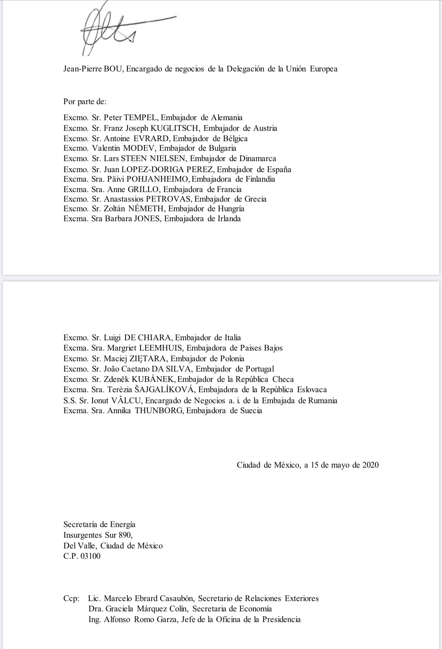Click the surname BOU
coord(114,69)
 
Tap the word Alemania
coord(227,117)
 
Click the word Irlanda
coord(229,218)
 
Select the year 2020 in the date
coord(370,465)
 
